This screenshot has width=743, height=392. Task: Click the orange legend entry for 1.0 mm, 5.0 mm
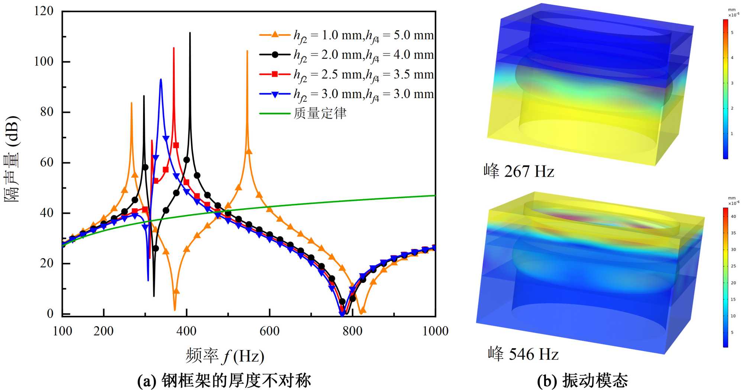(x=346, y=35)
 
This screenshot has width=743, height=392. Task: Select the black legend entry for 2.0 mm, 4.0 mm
(x=346, y=55)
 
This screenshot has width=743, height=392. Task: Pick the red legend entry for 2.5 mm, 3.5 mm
(x=346, y=74)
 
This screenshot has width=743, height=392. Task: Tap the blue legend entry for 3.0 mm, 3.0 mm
(x=346, y=94)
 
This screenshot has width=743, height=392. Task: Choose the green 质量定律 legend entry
(x=303, y=113)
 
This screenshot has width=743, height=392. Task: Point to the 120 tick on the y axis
(x=44, y=11)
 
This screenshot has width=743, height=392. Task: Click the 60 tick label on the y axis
(x=47, y=163)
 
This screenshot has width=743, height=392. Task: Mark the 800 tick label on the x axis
(x=352, y=331)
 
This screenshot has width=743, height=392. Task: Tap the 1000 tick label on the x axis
(x=435, y=331)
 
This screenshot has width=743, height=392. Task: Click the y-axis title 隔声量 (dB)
(x=13, y=159)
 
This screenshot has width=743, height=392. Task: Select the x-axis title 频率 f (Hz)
(x=225, y=356)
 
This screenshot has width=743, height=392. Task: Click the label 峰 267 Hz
(x=519, y=171)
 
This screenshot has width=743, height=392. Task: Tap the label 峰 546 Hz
(x=523, y=354)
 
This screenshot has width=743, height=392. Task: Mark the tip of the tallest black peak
(x=190, y=33)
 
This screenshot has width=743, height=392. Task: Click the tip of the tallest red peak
(x=174, y=48)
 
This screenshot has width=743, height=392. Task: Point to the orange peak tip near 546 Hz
(x=247, y=51)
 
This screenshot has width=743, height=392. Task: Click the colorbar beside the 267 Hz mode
(x=725, y=89)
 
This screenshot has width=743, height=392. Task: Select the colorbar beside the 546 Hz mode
(x=725, y=277)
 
